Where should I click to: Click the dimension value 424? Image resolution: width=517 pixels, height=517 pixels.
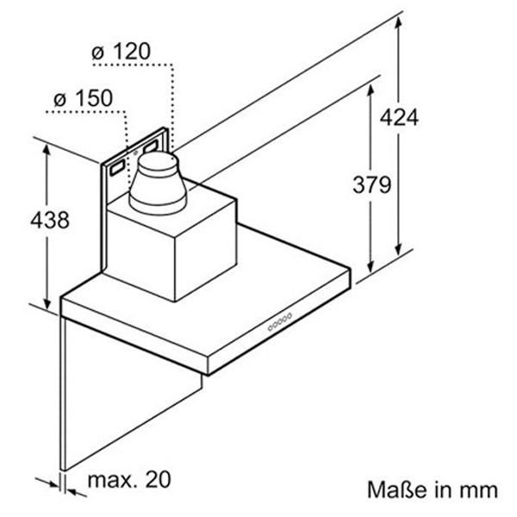(399, 117)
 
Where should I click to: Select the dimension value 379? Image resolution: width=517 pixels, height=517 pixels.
(372, 184)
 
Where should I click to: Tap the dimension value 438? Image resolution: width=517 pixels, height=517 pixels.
(50, 220)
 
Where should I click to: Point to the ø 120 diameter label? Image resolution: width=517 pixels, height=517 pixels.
(121, 52)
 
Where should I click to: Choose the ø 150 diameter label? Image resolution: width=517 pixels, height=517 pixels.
(83, 98)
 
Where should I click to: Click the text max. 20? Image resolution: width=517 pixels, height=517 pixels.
(129, 479)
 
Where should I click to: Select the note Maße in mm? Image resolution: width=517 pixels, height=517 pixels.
(433, 489)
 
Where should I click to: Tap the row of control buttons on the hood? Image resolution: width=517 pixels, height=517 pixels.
(280, 321)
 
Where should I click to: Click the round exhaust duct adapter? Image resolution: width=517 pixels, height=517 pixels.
(158, 183)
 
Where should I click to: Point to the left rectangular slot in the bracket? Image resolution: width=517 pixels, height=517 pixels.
(117, 168)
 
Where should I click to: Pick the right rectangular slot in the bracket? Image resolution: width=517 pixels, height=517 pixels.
(150, 146)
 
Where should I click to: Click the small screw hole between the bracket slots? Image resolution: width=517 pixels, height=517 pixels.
(135, 153)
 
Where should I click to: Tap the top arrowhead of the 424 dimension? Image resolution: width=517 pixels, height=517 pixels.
(399, 22)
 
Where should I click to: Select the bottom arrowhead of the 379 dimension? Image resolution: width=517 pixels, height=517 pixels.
(371, 266)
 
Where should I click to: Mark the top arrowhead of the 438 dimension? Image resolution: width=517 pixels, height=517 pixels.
(47, 152)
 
